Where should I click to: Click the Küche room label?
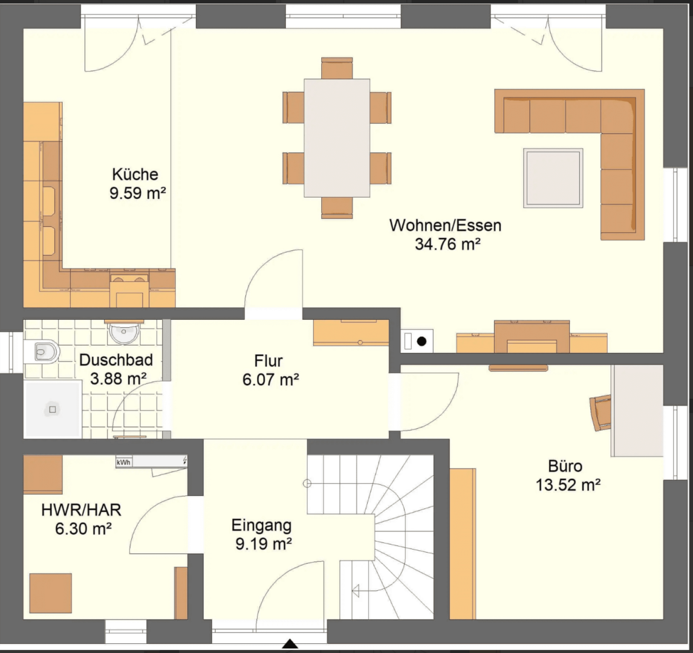(x=135, y=174)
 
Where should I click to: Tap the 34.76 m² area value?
(x=447, y=244)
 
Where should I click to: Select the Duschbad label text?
(x=116, y=360)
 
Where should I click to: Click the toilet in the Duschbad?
(x=42, y=352)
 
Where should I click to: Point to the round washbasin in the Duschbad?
(x=124, y=333)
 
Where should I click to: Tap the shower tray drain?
(x=52, y=409)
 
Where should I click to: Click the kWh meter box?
(x=124, y=462)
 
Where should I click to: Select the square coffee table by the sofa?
(x=553, y=178)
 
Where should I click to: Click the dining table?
(x=337, y=138)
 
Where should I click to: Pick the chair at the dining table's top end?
(x=337, y=68)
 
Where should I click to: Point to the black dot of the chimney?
(x=422, y=341)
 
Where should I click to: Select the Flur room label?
(x=268, y=360)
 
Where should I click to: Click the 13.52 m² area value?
(x=568, y=485)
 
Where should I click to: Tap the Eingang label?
(x=262, y=525)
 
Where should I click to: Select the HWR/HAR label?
(x=81, y=510)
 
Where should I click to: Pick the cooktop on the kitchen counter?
(x=129, y=279)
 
